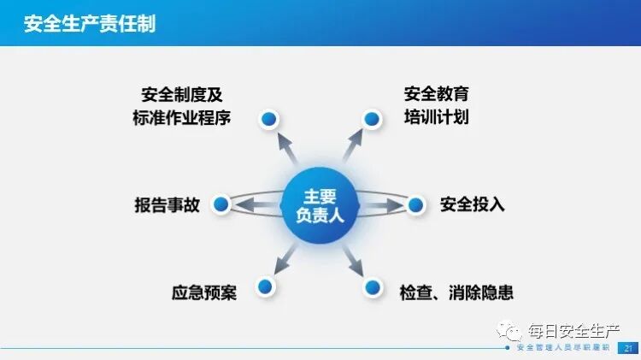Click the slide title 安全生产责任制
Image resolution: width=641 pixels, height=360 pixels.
pyautogui.click(x=91, y=22)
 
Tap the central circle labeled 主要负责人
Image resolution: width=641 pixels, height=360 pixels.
pyautogui.click(x=319, y=205)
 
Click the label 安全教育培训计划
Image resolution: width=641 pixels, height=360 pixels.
pyautogui.click(x=436, y=105)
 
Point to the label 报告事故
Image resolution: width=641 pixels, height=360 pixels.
pyautogui.click(x=167, y=205)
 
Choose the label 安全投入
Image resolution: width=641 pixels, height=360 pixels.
pyautogui.click(x=473, y=205)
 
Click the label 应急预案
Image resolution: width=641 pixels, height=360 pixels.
pyautogui.click(x=203, y=292)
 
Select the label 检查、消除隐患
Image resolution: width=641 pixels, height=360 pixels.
pyautogui.click(x=456, y=292)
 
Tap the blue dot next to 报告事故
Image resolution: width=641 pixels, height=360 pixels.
pyautogui.click(x=221, y=204)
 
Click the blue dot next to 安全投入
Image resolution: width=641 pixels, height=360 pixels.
pyautogui.click(x=415, y=204)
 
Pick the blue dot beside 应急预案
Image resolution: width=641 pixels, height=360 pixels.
pyautogui.click(x=265, y=286)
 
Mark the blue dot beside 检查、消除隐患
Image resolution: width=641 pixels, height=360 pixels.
pyautogui.click(x=372, y=286)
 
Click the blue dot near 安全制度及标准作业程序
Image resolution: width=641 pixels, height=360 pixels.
pyautogui.click(x=269, y=118)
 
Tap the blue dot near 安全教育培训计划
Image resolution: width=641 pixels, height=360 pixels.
pyautogui.click(x=371, y=118)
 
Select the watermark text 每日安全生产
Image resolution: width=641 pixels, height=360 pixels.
pyautogui.click(x=573, y=330)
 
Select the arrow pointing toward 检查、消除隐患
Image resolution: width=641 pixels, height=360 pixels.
pyautogui.click(x=352, y=257)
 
